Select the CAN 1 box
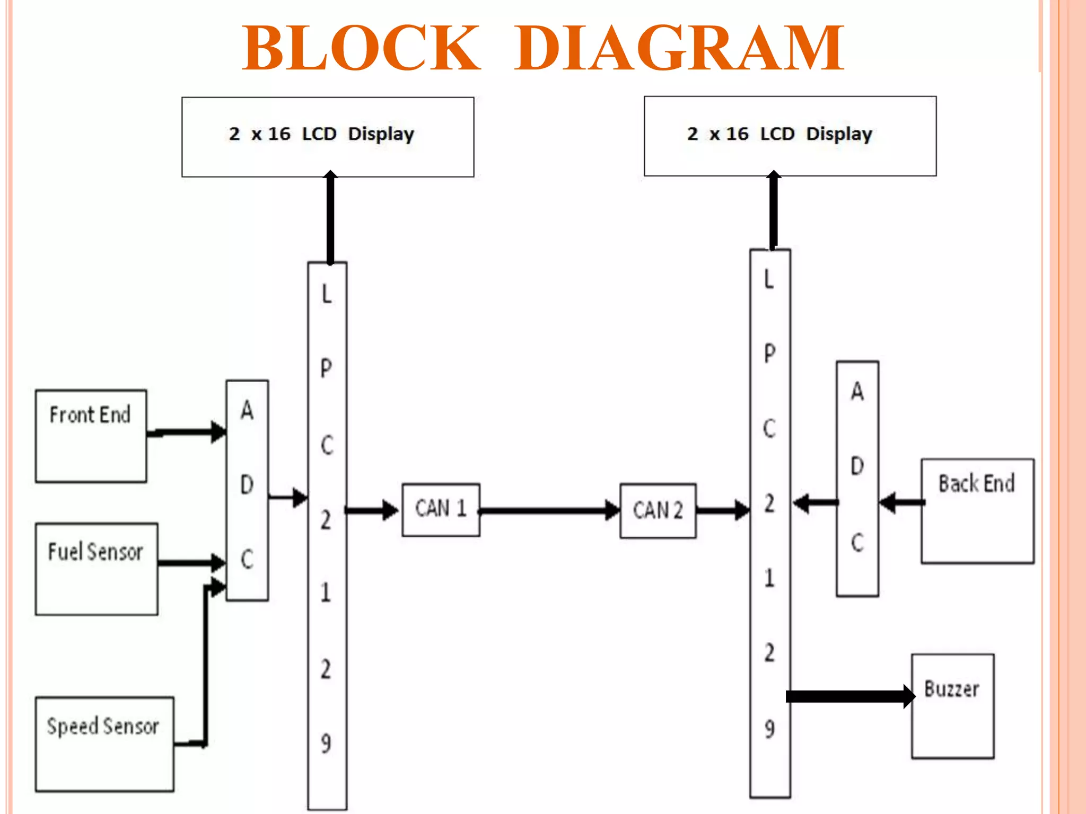click(441, 509)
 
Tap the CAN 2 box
click(658, 511)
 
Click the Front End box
click(91, 436)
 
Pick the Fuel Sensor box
click(96, 569)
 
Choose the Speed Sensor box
click(104, 744)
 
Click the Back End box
click(977, 510)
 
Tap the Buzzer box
click(952, 705)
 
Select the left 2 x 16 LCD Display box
click(327, 136)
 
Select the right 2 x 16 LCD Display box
click(790, 136)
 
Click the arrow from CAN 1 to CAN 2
click(549, 510)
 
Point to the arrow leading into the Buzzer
click(848, 696)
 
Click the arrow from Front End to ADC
click(186, 432)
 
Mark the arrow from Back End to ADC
click(901, 502)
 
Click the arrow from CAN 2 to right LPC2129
click(722, 510)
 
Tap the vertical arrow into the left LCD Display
click(330, 217)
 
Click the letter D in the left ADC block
click(247, 484)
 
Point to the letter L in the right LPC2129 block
click(769, 279)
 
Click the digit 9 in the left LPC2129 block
click(326, 742)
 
